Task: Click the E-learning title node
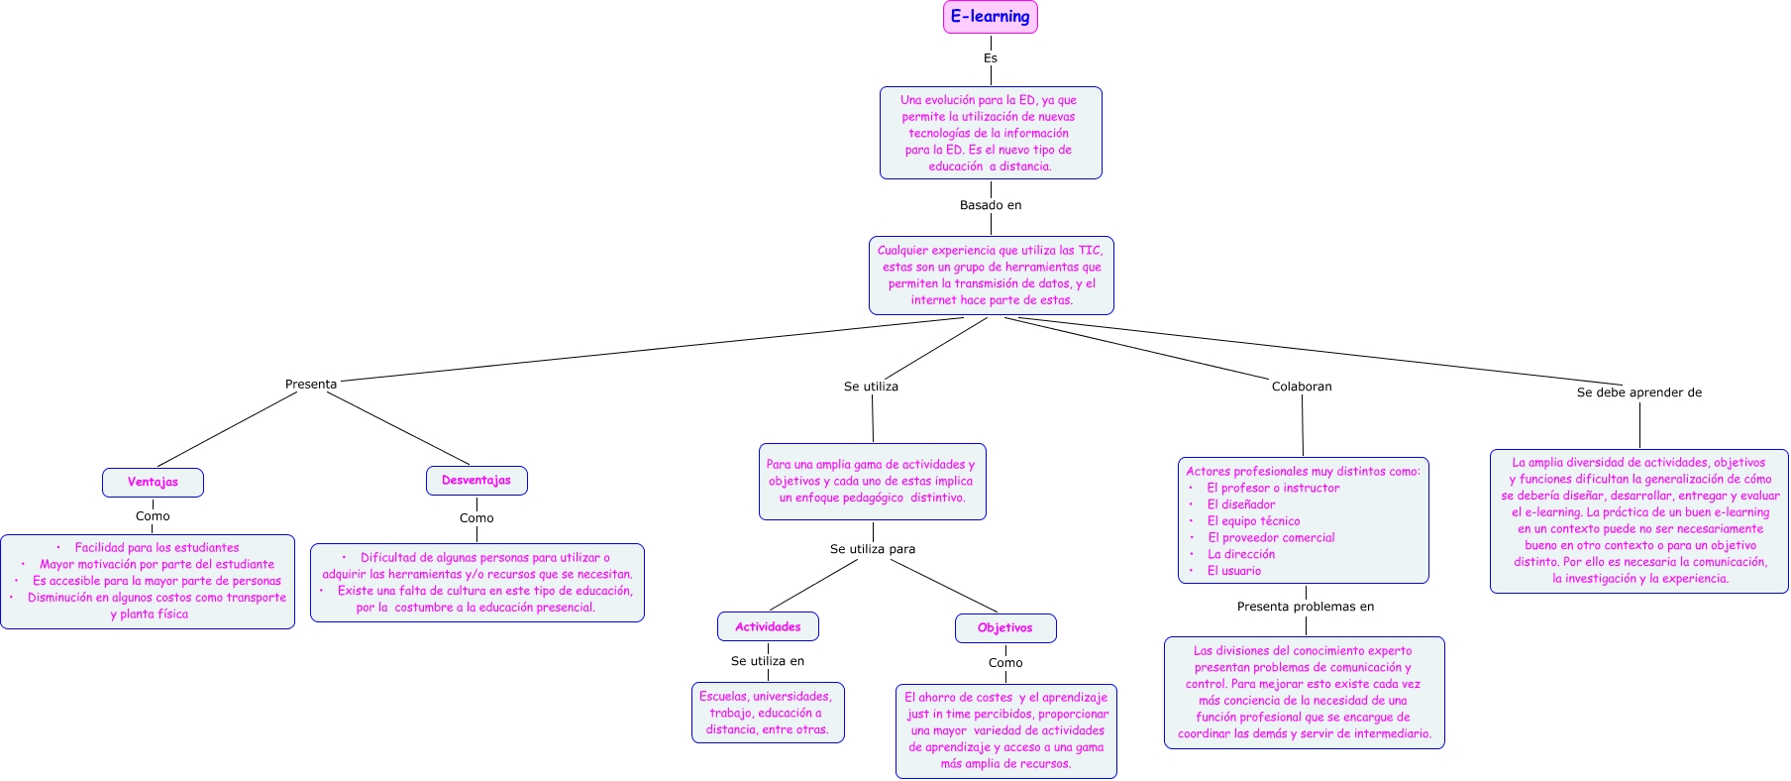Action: coord(990,17)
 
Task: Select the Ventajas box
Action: coord(153,483)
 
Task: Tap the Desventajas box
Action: coord(476,481)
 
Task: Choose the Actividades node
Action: coord(768,626)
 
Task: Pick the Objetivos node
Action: coord(1004,628)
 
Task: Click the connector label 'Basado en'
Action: coord(990,205)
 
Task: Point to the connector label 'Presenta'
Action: coord(311,385)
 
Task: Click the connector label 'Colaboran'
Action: coord(1301,387)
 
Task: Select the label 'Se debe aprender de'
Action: coord(1638,392)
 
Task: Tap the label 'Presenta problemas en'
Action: coord(1305,607)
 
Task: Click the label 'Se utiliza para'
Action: coord(872,549)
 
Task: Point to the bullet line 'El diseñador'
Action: coord(1240,504)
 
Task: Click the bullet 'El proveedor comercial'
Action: coord(1270,538)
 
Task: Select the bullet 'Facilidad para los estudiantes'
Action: coord(157,548)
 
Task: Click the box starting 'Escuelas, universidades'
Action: coord(768,713)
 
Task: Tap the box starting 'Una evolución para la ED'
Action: coord(990,133)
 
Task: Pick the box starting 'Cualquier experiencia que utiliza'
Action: coord(991,276)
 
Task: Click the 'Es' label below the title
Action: coord(990,58)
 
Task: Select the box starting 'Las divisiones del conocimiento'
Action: coord(1304,692)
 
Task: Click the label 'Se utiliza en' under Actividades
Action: coord(767,661)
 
